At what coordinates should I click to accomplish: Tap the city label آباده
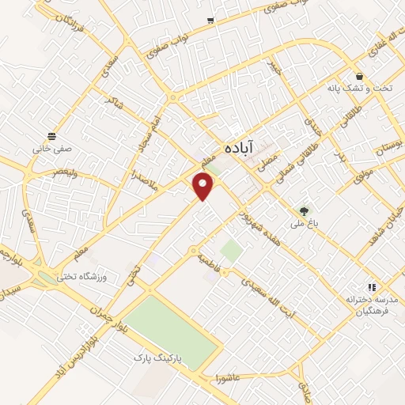[238, 147]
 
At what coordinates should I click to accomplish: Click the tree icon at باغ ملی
[304, 210]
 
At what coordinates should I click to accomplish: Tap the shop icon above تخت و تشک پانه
[360, 77]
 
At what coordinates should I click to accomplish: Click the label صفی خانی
[52, 146]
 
